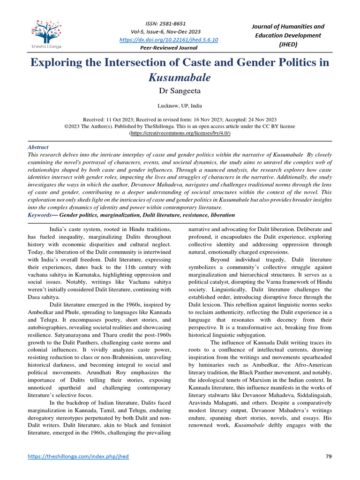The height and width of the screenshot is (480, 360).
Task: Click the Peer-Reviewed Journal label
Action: [169, 48]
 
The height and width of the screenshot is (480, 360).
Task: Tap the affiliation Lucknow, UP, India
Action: [180, 106]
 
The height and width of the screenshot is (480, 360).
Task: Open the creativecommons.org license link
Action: [180, 133]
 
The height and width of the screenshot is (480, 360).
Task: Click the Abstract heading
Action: [38, 147]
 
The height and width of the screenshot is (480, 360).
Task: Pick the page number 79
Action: [328, 456]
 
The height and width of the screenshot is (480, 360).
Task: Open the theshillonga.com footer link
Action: [78, 456]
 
